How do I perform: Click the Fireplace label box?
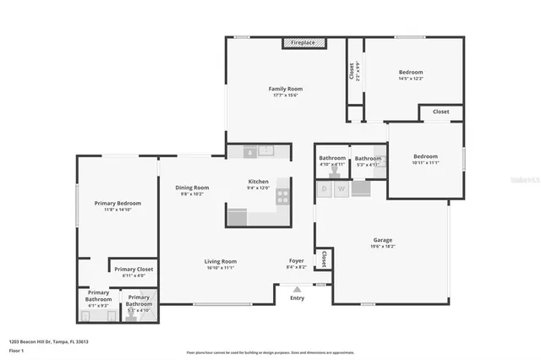pyautogui.click(x=303, y=42)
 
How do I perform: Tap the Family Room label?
pyautogui.click(x=286, y=89)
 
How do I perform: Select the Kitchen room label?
pyautogui.click(x=258, y=182)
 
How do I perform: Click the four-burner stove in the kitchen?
pyautogui.click(x=282, y=196)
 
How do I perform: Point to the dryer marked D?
pyautogui.click(x=324, y=189)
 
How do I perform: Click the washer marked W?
pyautogui.click(x=341, y=189)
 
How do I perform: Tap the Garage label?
pyautogui.click(x=382, y=240)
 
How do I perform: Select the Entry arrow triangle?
pyautogui.click(x=297, y=289)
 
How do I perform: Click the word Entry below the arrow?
pyautogui.click(x=297, y=298)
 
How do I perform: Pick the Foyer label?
pyautogui.click(x=296, y=260)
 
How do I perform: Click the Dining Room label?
pyautogui.click(x=192, y=188)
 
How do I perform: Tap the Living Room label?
pyautogui.click(x=220, y=261)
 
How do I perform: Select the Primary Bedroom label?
pyautogui.click(x=117, y=203)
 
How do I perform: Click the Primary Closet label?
pyautogui.click(x=135, y=270)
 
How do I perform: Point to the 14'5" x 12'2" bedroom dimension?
pyautogui.click(x=411, y=79)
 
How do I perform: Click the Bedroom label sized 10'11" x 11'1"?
pyautogui.click(x=425, y=156)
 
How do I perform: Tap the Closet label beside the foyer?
pyautogui.click(x=323, y=259)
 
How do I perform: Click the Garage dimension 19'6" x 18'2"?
pyautogui.click(x=382, y=247)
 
